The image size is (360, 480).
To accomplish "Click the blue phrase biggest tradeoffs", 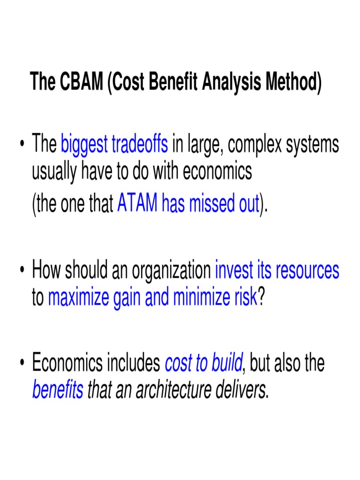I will (x=114, y=144).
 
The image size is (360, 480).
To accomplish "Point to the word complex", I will (x=257, y=144).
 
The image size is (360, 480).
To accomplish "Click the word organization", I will (x=171, y=270).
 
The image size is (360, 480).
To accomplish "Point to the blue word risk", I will (x=245, y=297).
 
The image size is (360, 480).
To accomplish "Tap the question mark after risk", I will (x=262, y=297).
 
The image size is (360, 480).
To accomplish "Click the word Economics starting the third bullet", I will (x=65, y=363).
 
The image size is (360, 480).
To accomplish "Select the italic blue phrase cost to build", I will (x=203, y=363).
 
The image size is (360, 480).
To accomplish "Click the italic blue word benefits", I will (x=58, y=390).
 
